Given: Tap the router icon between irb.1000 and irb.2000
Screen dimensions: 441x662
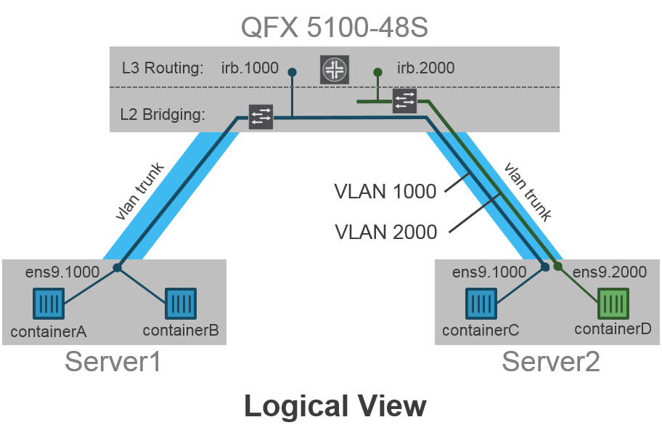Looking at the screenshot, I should pos(335,69).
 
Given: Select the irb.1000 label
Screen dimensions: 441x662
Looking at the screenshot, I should pos(250,68).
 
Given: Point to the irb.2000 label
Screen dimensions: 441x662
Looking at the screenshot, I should pos(426,68).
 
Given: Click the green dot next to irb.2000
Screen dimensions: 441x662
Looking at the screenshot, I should pos(377,72).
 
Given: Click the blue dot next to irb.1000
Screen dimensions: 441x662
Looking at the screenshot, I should pos(292,72).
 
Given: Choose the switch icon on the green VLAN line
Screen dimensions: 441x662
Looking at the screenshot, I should pos(404,101).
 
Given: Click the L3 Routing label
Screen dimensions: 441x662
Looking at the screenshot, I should pos(162,68).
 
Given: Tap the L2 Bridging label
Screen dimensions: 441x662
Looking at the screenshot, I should pos(163,114).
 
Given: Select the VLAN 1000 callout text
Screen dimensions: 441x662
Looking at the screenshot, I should pos(385,191).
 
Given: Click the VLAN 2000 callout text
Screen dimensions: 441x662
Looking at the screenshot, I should pos(385,232).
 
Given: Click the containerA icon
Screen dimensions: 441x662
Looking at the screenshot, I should pos(49,304).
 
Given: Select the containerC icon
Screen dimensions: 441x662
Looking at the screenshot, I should pos(481,304).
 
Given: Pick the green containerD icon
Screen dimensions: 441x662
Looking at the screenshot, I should pos(613,304).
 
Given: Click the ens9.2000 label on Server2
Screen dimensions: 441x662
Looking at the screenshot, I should pos(610,272).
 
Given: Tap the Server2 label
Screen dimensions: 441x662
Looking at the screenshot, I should pos(551,361).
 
